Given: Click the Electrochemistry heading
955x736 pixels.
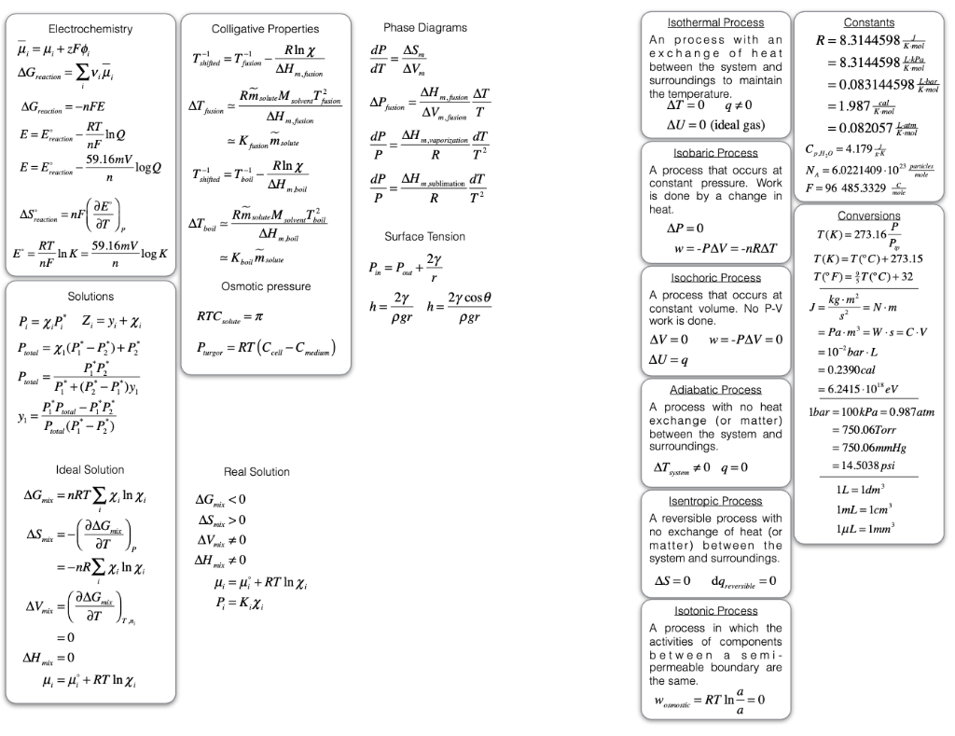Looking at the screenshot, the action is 90,29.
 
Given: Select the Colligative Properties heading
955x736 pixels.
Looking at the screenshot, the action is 265,29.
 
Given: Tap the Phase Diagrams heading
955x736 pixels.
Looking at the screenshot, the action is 425,28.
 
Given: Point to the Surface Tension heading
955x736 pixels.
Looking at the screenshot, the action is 424,237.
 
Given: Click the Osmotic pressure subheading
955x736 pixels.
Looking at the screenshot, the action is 265,285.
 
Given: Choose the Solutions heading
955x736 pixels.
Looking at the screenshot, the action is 90,296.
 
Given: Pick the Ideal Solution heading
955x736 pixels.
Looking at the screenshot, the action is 90,469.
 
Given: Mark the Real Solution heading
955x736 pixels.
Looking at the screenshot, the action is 257,472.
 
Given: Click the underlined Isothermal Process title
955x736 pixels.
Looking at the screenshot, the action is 716,22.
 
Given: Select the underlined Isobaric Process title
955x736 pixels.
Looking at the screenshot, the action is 716,153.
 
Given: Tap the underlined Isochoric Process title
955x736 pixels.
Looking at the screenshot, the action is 716,277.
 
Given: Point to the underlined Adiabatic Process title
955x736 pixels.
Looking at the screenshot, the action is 716,389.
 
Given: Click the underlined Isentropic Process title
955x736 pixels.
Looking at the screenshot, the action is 716,501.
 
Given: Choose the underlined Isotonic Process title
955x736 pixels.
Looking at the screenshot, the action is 716,611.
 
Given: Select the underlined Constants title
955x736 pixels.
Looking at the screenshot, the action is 867,22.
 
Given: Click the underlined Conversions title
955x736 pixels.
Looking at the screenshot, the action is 867,215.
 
